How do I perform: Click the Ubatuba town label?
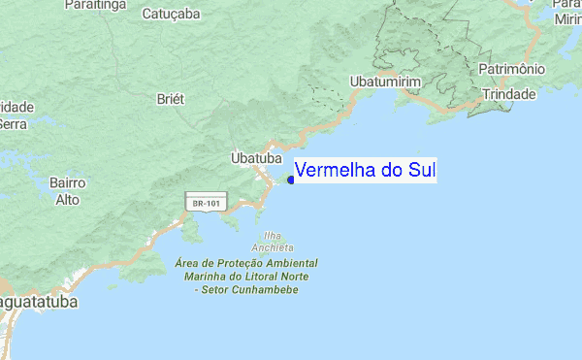(x=256, y=157)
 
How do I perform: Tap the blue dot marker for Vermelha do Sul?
(x=291, y=179)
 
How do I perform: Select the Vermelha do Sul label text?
(x=365, y=171)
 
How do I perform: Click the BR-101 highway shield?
(x=208, y=203)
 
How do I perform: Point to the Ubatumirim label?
(x=385, y=82)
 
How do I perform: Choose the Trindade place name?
(x=508, y=94)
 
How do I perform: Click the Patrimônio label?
(x=511, y=70)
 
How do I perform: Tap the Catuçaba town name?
(x=171, y=15)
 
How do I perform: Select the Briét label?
(x=170, y=99)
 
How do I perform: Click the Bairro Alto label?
(x=68, y=191)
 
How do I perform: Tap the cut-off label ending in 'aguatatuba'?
(x=39, y=303)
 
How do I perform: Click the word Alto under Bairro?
(x=68, y=200)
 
